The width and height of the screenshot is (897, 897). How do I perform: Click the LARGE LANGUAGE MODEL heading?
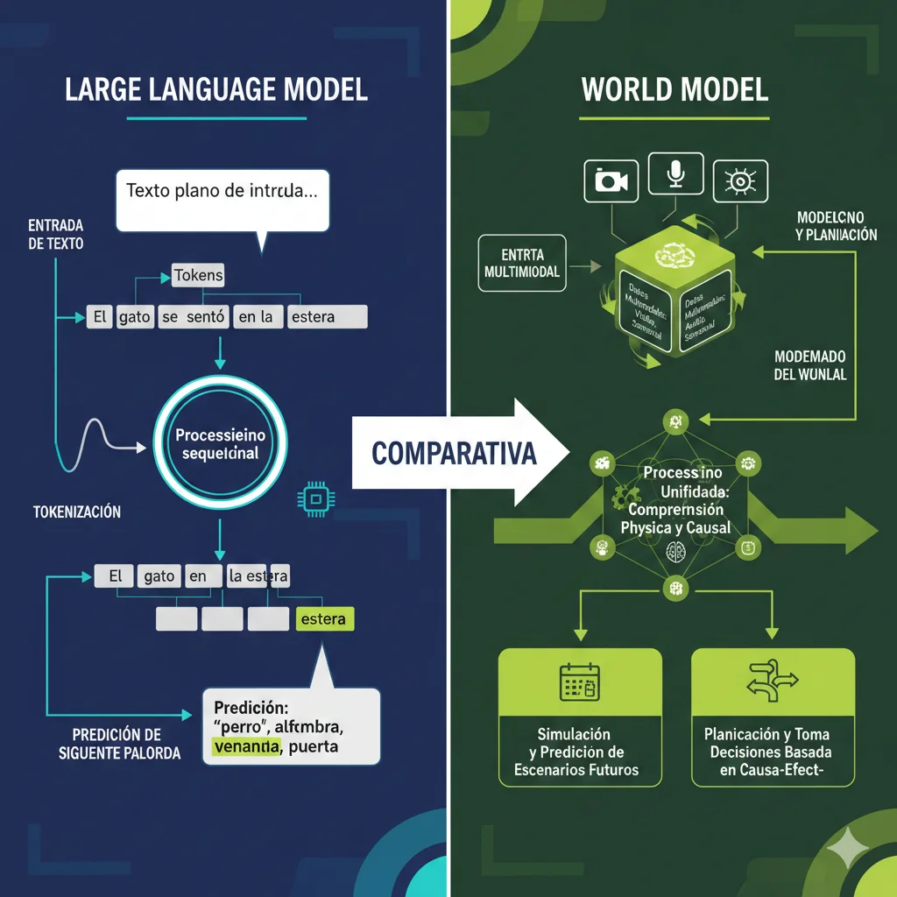(x=216, y=90)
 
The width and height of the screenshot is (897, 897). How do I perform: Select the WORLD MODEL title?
(x=674, y=90)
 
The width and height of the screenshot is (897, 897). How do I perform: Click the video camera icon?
(x=611, y=180)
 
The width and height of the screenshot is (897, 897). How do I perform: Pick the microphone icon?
(x=675, y=174)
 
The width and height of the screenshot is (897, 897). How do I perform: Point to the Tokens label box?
(x=198, y=275)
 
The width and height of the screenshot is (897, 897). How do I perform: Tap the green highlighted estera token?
(x=322, y=619)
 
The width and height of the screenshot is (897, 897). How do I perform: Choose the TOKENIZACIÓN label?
(x=77, y=512)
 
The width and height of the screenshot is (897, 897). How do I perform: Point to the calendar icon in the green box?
(x=579, y=682)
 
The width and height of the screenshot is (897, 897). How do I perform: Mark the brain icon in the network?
(x=675, y=551)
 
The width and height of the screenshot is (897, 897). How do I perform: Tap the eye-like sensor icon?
(x=740, y=180)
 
